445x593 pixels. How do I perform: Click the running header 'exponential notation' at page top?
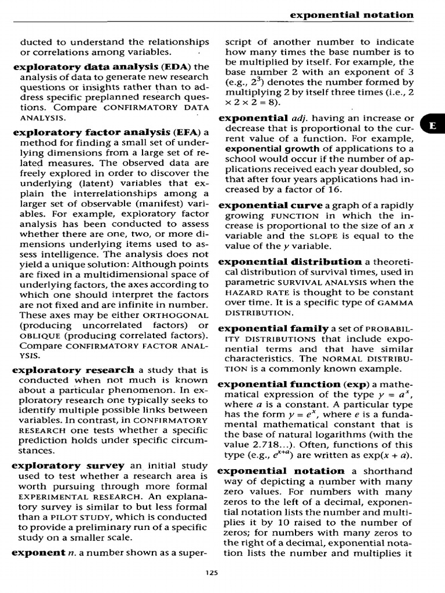pos(352,14)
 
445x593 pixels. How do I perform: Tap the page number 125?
pos(211,573)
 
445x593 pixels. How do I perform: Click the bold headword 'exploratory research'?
pos(73,370)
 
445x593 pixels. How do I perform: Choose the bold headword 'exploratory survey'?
pos(68,466)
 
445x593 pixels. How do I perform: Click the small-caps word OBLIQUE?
pos(40,336)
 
